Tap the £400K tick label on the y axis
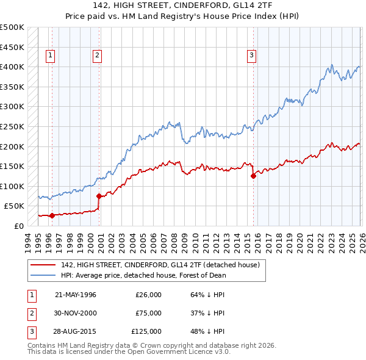[12, 67]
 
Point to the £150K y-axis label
[12, 166]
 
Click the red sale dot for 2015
[253, 176]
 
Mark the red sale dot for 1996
[52, 215]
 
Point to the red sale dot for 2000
[99, 196]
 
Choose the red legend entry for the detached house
[160, 265]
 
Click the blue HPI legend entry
[143, 275]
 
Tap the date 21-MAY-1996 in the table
[76, 295]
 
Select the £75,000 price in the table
[148, 313]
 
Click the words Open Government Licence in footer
[170, 352]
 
